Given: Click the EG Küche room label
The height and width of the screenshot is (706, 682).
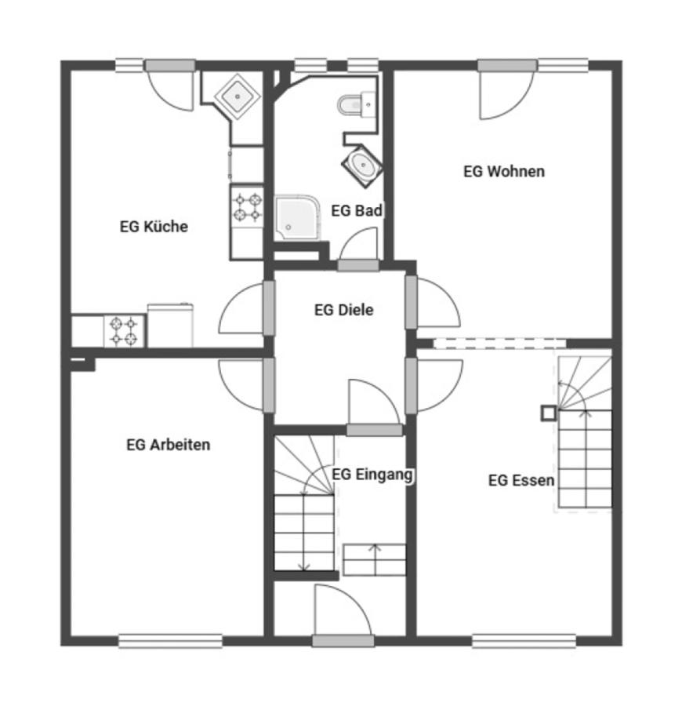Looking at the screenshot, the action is [x=154, y=226].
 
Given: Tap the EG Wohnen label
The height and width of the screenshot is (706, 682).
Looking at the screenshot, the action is [x=504, y=171].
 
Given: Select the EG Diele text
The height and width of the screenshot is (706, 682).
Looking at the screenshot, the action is [x=343, y=310].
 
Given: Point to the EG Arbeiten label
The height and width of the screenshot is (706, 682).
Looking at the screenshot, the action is [x=169, y=445].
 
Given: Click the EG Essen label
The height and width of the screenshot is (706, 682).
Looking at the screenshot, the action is [x=521, y=480].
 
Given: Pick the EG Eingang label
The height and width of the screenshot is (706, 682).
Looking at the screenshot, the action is [x=372, y=475].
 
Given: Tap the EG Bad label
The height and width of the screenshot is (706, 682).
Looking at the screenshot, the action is [x=357, y=210].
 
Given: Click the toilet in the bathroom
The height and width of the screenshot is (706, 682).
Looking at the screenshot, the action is [x=357, y=104].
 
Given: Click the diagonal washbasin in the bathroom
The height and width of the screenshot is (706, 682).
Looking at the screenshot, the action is [x=362, y=166].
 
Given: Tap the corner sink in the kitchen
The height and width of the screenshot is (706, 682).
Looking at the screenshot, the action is [x=237, y=96].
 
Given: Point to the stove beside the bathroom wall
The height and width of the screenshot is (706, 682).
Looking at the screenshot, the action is [x=246, y=207].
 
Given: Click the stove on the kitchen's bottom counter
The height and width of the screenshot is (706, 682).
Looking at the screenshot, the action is [x=124, y=331].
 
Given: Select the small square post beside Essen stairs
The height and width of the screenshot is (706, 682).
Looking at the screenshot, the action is [x=549, y=413].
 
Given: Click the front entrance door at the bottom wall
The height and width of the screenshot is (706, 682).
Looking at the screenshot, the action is [x=343, y=640].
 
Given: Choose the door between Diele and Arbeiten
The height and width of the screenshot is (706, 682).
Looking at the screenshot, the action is [x=269, y=385].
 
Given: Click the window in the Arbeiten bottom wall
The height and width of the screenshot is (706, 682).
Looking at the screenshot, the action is [x=170, y=641].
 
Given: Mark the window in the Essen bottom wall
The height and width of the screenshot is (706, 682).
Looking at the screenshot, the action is [x=524, y=641].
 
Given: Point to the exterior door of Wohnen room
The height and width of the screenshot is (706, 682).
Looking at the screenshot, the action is [x=507, y=66].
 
